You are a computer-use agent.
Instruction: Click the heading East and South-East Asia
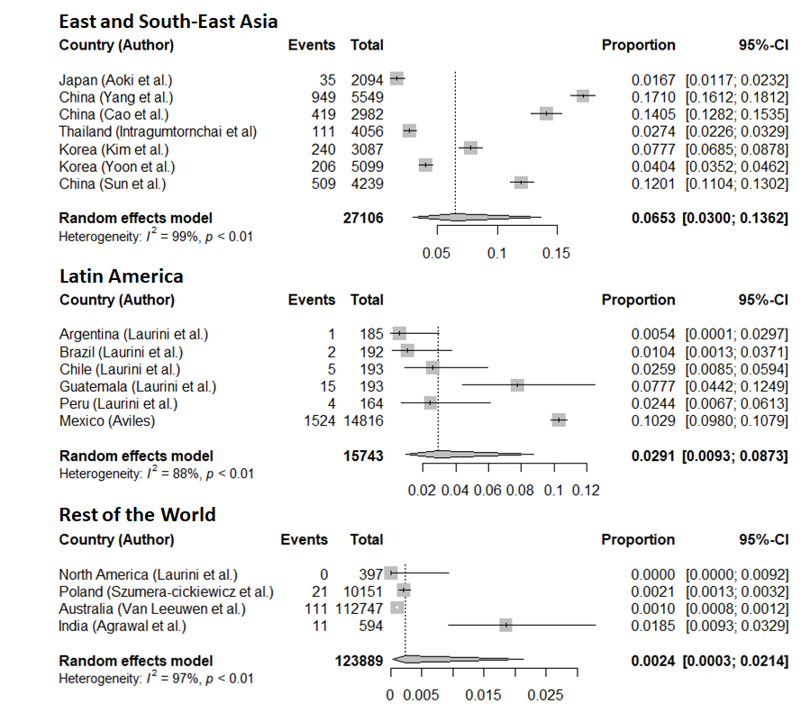(168, 22)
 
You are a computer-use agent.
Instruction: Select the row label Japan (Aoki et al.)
(115, 80)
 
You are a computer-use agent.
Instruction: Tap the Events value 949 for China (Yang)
(323, 97)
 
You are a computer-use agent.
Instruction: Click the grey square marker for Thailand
(409, 131)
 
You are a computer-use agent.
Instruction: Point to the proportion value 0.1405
(653, 114)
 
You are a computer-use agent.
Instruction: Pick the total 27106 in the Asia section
(363, 218)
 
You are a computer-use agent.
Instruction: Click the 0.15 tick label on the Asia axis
(556, 253)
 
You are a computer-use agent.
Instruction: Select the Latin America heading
(121, 276)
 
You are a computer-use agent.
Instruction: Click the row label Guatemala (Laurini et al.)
(138, 386)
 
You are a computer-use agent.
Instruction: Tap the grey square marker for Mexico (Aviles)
(559, 420)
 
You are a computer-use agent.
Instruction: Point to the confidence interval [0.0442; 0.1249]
(737, 386)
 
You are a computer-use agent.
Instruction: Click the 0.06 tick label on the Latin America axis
(487, 491)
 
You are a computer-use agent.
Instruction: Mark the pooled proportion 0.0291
(653, 456)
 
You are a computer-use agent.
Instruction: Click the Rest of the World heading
(138, 514)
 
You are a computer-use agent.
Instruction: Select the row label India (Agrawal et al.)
(123, 626)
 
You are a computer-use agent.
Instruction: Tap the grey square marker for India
(505, 625)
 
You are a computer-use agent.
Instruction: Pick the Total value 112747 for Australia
(359, 609)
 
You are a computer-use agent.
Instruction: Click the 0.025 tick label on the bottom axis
(546, 695)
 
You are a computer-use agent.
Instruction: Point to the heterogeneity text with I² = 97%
(156, 678)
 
